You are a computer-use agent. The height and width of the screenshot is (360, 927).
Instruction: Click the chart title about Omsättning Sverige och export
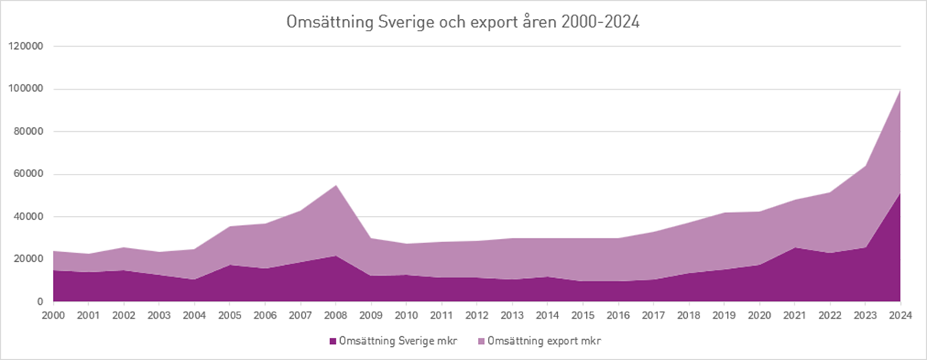tap(463, 22)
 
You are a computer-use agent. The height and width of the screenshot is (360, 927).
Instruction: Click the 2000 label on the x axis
tap(54, 316)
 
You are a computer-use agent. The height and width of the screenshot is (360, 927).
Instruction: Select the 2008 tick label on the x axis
tap(336, 316)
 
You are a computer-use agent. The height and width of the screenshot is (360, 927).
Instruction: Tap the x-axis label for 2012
tap(477, 316)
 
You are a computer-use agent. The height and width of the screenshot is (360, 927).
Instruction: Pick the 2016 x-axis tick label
tap(617, 316)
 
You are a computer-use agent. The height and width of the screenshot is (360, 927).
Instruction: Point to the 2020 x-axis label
tap(758, 316)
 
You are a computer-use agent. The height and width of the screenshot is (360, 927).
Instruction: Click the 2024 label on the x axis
tap(899, 316)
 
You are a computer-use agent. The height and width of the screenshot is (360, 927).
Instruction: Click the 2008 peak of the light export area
tap(336, 185)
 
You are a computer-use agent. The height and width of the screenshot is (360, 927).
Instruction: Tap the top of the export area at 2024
tap(899, 91)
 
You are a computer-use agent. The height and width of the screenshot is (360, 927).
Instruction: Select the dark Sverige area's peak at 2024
tap(899, 194)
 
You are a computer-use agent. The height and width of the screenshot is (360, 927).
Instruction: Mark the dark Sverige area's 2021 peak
tap(794, 247)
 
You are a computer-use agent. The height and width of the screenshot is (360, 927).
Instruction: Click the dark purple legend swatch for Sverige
tap(332, 341)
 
